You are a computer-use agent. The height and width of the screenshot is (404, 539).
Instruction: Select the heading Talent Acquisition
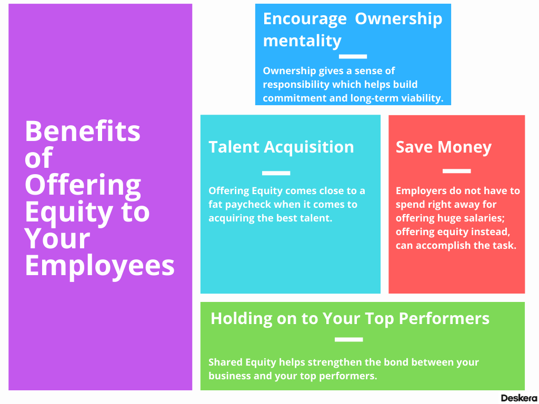pos(281,147)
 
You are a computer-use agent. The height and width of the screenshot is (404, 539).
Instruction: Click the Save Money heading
pos(443,147)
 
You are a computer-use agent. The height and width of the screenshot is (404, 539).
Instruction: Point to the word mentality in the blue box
pos(302,41)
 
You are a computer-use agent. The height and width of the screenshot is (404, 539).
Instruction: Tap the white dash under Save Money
pos(456,171)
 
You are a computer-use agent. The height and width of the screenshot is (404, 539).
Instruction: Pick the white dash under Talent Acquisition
pos(276,173)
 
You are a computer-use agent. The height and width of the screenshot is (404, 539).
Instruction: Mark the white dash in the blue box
pos(353,56)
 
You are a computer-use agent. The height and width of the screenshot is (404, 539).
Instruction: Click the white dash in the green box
pos(348,340)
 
